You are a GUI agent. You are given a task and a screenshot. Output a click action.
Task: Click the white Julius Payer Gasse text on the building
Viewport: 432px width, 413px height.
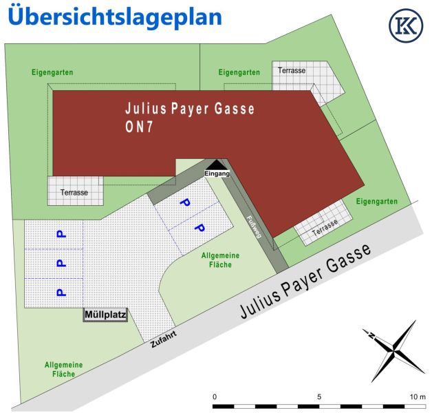190,109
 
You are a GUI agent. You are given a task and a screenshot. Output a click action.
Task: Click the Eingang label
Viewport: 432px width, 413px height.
216,173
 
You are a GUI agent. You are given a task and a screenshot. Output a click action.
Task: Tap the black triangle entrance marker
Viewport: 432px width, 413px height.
216,164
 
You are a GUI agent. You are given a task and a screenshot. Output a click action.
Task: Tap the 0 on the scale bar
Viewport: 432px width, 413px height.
215,397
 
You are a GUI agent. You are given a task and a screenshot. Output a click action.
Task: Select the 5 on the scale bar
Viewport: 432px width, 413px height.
319,397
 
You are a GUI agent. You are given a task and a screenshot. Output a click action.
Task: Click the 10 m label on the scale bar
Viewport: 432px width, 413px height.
418,397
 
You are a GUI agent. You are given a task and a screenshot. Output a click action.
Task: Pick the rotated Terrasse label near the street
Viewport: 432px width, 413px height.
325,230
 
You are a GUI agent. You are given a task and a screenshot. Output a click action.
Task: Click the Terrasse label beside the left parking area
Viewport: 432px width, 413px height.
74,193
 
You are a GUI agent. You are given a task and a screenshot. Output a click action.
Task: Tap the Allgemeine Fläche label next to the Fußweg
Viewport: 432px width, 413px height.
220,260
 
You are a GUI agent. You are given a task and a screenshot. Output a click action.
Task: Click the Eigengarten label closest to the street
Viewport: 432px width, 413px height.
377,201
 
